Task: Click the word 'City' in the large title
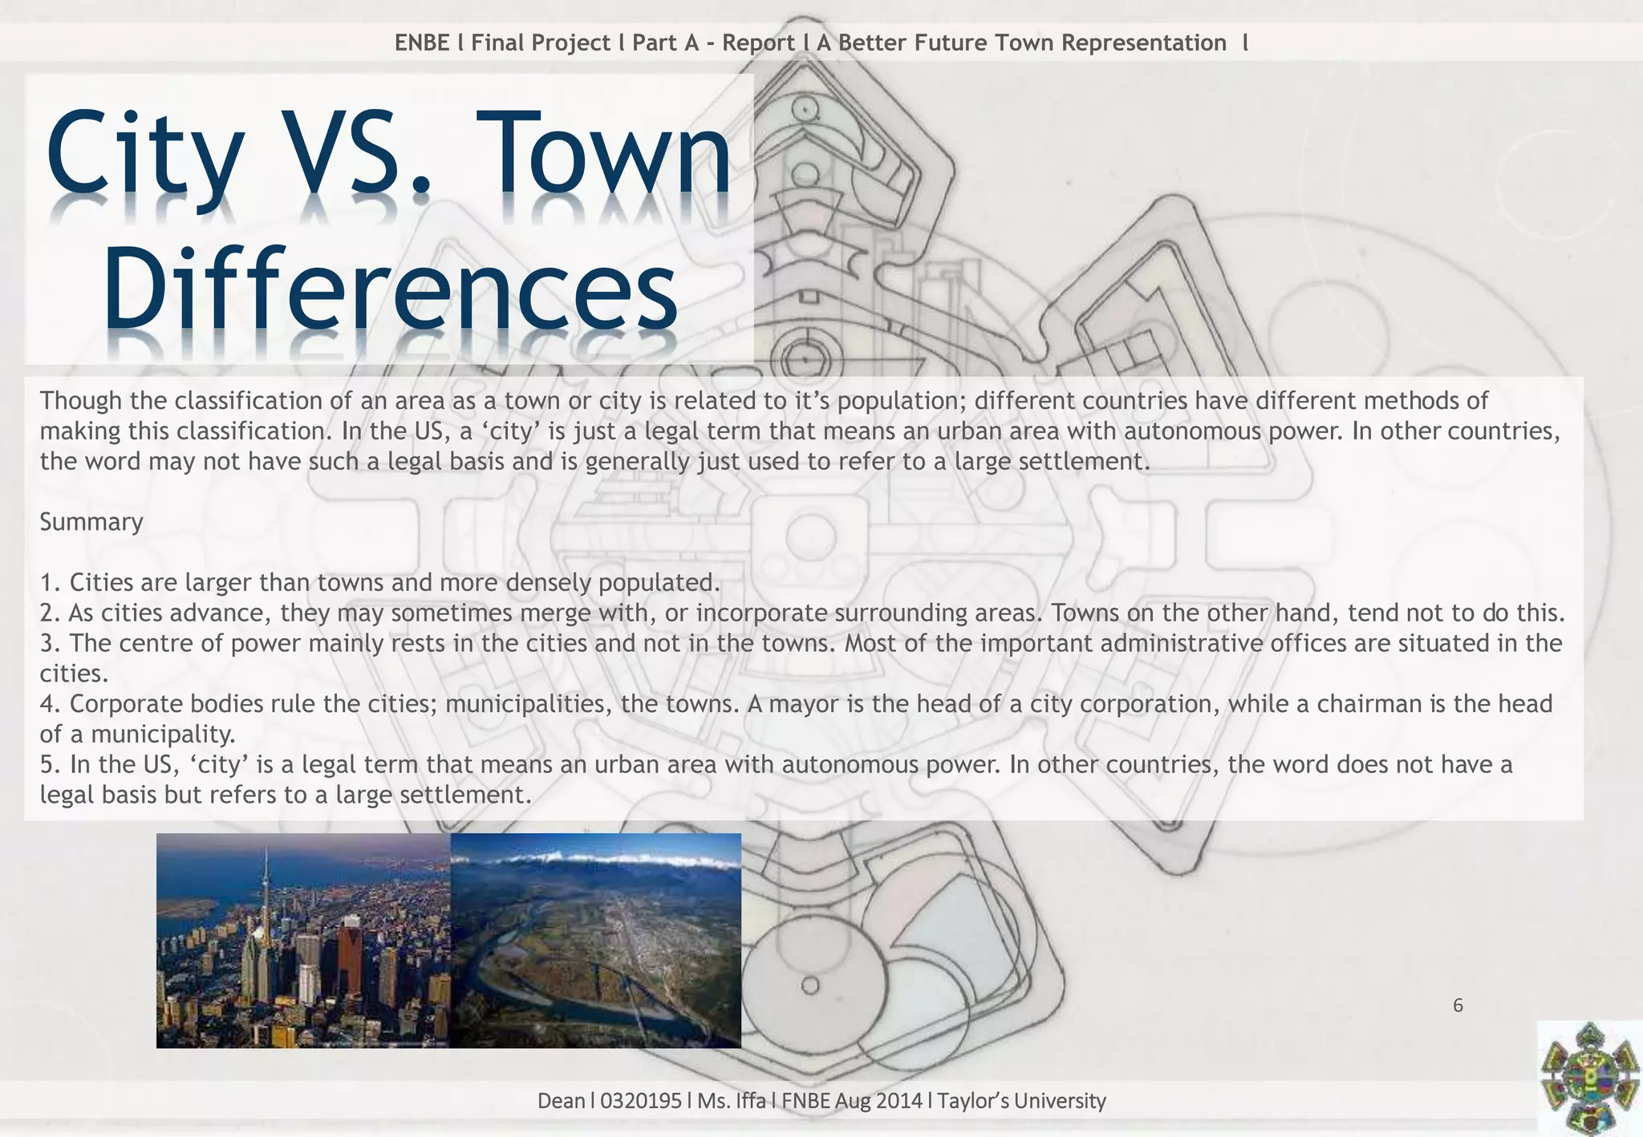click(x=144, y=156)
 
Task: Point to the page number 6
click(x=1458, y=1005)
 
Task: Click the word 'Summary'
click(x=91, y=522)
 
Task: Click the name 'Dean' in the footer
click(x=561, y=1101)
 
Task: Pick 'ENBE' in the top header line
click(x=422, y=42)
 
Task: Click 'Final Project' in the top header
click(x=541, y=42)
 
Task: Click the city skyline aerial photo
click(x=303, y=941)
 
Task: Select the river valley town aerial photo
click(x=596, y=941)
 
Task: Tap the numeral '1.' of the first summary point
click(x=51, y=582)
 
